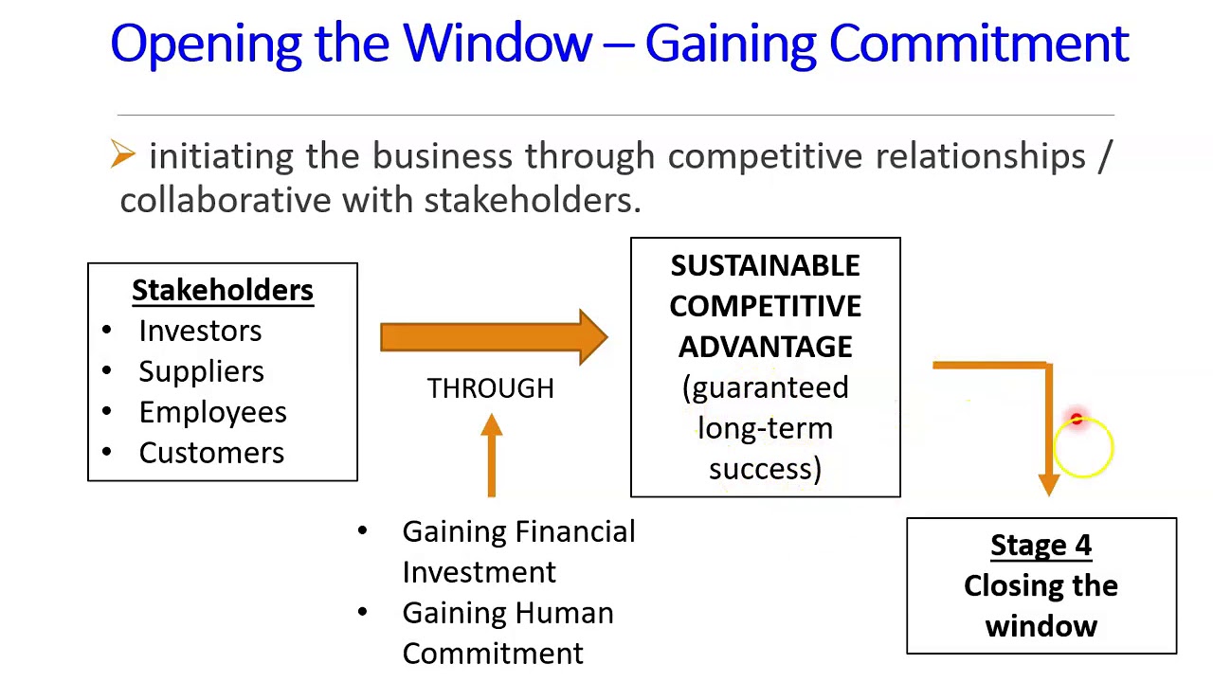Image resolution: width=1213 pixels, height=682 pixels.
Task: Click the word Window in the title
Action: pos(498,44)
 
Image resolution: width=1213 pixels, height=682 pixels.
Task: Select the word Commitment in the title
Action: pos(978,44)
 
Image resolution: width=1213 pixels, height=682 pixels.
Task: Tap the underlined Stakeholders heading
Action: pos(223,291)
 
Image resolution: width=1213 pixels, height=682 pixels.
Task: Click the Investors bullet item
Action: pos(200,332)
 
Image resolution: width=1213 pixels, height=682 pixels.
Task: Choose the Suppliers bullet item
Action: pos(201,372)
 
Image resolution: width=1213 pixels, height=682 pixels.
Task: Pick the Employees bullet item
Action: pos(212,413)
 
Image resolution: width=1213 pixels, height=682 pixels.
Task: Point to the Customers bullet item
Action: pos(211,454)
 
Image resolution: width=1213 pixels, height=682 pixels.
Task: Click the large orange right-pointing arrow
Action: pos(493,337)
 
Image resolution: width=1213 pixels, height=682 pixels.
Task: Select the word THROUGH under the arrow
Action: pos(490,389)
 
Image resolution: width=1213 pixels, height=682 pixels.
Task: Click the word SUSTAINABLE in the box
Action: pos(765,266)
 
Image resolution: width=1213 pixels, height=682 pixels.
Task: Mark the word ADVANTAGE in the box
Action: pos(765,348)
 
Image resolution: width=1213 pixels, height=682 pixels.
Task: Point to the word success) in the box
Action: pos(765,470)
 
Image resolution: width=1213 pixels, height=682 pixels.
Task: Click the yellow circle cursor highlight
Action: pos(1082,448)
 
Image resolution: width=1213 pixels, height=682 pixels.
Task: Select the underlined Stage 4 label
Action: pos(1041,546)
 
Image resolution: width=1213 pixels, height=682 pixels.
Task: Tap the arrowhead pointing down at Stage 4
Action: pos(1048,483)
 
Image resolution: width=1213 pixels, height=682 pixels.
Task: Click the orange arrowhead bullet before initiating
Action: pos(123,154)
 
